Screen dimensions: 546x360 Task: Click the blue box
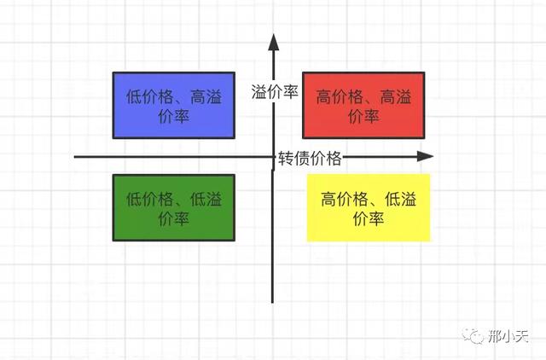174,105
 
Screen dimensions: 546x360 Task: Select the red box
363,105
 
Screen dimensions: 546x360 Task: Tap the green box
174,208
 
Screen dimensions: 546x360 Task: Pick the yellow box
369,208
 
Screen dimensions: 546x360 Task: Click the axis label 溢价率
275,92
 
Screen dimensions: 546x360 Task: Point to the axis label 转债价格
310,159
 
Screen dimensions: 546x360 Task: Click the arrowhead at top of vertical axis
274,43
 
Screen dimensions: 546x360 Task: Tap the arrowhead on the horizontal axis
425,156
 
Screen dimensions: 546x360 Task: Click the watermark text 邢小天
508,336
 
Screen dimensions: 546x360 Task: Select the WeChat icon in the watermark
473,335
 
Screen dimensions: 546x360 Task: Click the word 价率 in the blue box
174,116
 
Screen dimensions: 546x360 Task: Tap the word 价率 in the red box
363,116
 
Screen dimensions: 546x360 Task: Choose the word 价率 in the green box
174,218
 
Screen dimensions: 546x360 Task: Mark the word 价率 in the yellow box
369,218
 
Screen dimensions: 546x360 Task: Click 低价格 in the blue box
149,96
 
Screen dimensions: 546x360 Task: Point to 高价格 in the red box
340,96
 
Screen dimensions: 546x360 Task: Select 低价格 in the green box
149,199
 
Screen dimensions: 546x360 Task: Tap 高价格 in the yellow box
344,199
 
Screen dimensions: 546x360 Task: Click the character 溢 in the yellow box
409,199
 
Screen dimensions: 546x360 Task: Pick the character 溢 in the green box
214,199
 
